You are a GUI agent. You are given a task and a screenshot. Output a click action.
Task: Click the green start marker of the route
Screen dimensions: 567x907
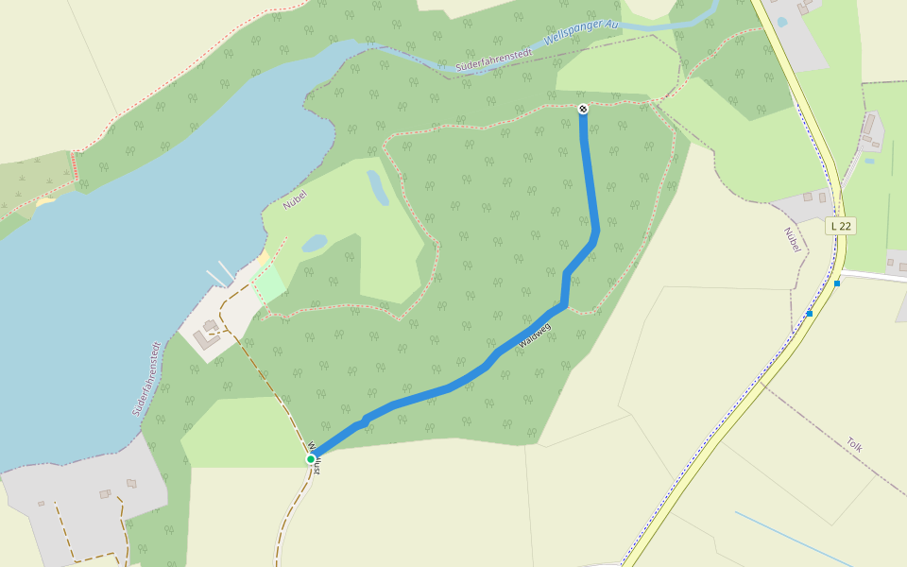(x=310, y=459)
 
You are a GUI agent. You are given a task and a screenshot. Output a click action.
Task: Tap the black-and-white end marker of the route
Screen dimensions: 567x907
(x=583, y=109)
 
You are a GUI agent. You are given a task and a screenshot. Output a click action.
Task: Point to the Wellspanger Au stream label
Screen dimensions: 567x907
(x=580, y=34)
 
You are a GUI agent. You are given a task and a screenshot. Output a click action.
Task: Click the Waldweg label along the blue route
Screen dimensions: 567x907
(x=534, y=336)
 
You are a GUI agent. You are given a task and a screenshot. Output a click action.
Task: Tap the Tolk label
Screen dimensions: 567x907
(x=854, y=444)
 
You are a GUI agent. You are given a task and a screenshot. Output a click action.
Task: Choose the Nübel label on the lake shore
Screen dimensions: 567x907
(x=296, y=198)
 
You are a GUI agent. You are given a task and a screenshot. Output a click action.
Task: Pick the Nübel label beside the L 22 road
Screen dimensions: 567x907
(x=792, y=240)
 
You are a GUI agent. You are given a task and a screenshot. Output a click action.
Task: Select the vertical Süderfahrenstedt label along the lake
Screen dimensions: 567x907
(x=145, y=379)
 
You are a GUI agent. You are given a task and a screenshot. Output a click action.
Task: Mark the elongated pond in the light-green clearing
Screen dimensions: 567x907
(x=377, y=187)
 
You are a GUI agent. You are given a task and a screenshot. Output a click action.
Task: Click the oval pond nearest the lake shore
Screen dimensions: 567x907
(x=315, y=243)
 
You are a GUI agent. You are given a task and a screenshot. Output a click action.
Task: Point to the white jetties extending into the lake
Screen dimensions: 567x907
(x=221, y=273)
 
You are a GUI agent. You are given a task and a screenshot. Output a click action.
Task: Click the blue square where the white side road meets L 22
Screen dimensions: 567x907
(x=837, y=283)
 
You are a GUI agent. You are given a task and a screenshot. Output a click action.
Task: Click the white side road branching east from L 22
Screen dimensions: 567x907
(x=874, y=276)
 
